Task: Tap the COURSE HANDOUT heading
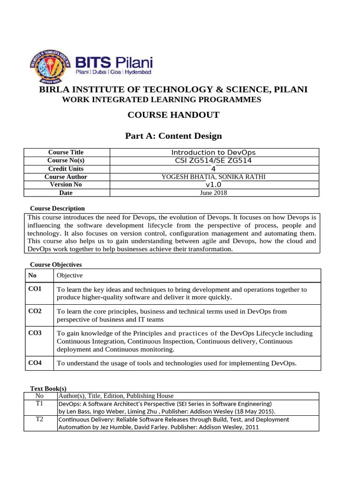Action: (173, 115)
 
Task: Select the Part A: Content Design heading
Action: (173, 136)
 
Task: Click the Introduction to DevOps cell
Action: (213, 152)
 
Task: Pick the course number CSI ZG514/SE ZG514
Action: (213, 160)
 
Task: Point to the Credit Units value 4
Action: (213, 169)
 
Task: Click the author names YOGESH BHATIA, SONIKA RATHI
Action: (213, 177)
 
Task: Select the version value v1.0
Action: (213, 185)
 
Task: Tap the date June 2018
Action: (213, 193)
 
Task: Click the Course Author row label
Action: (66, 177)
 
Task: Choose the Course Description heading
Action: (57, 208)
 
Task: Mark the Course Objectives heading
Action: (56, 265)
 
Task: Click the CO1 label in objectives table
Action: (35, 289)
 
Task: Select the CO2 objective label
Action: (35, 311)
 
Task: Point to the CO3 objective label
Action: (35, 333)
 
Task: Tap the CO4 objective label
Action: (35, 362)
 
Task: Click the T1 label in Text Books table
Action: (40, 403)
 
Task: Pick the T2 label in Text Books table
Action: (40, 419)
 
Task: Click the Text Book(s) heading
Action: (49, 389)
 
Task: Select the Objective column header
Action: (70, 275)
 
